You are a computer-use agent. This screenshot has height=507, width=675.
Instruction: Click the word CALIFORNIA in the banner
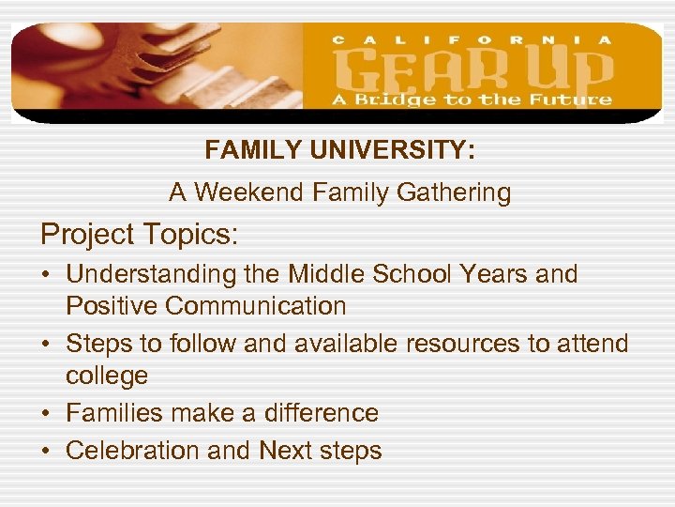point(472,39)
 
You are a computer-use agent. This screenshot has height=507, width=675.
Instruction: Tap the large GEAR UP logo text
point(472,70)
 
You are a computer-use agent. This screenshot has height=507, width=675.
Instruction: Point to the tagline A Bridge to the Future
point(472,100)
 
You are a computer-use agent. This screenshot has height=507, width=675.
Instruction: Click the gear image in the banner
point(159,70)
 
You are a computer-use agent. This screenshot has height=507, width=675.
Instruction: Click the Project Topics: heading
point(139,234)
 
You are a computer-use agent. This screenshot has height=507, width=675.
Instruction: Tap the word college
point(106,376)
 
